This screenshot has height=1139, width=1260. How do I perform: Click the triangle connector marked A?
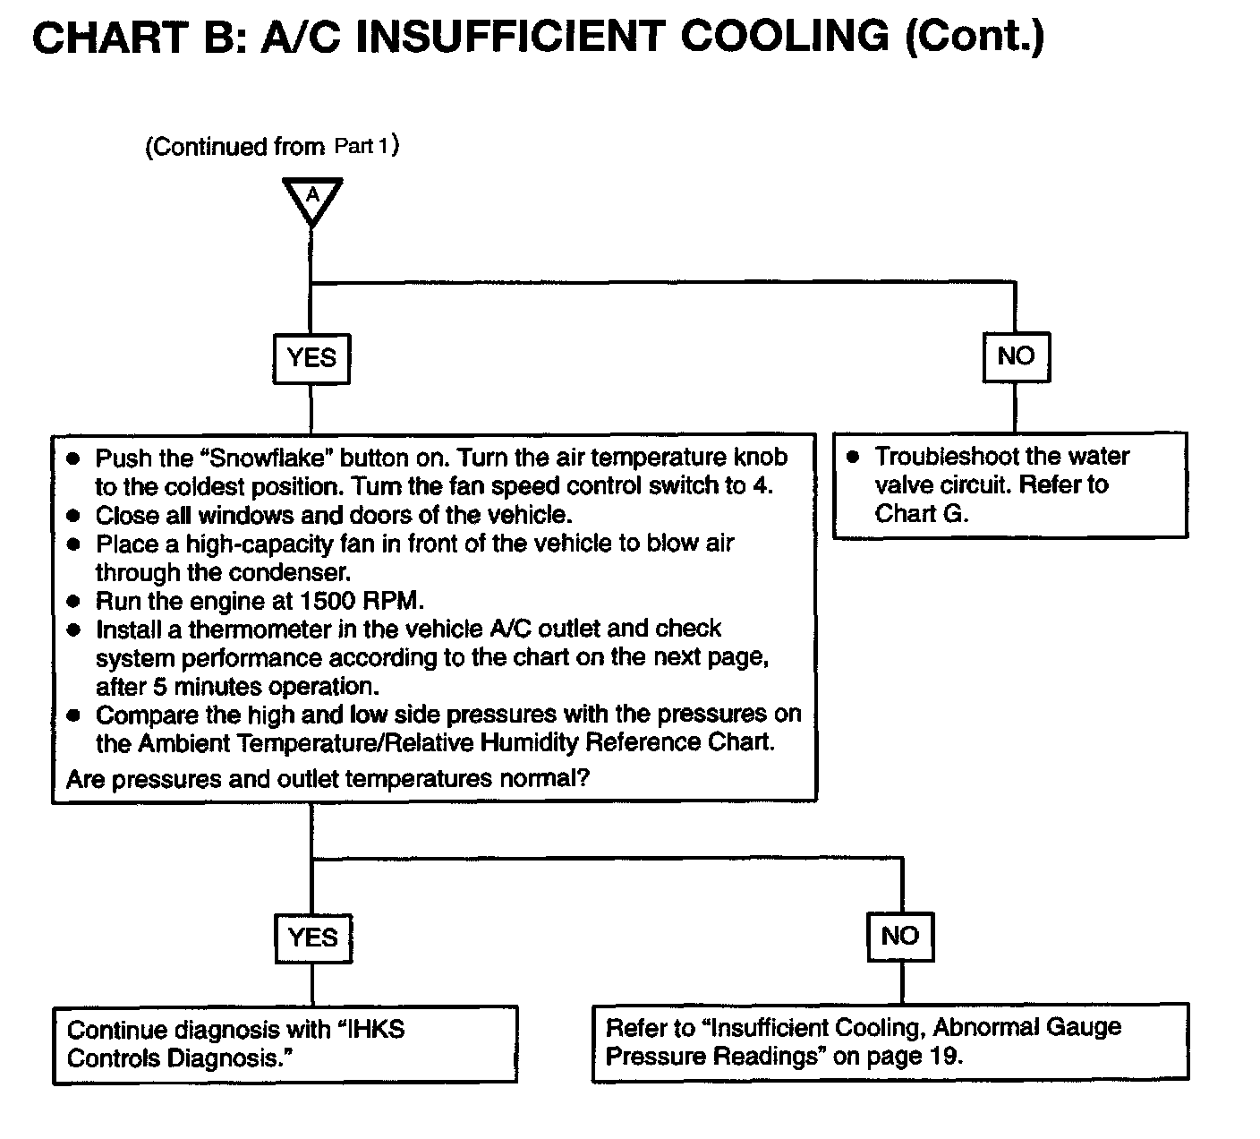pyautogui.click(x=312, y=198)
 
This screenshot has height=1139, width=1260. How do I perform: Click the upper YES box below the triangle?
pyautogui.click(x=311, y=358)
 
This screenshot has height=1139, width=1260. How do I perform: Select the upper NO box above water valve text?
pyautogui.click(x=1016, y=356)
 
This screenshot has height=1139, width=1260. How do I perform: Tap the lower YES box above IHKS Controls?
pyautogui.click(x=312, y=938)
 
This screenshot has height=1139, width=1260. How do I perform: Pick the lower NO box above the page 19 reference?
pyautogui.click(x=900, y=937)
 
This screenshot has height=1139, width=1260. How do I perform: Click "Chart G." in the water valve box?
pyautogui.click(x=922, y=514)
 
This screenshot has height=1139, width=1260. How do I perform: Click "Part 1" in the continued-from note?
pyautogui.click(x=362, y=145)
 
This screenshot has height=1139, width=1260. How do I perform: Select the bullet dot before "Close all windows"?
pyautogui.click(x=74, y=516)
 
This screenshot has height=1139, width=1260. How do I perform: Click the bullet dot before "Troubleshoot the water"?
pyautogui.click(x=853, y=457)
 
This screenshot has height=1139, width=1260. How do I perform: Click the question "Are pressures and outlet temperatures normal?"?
pyautogui.click(x=328, y=779)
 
